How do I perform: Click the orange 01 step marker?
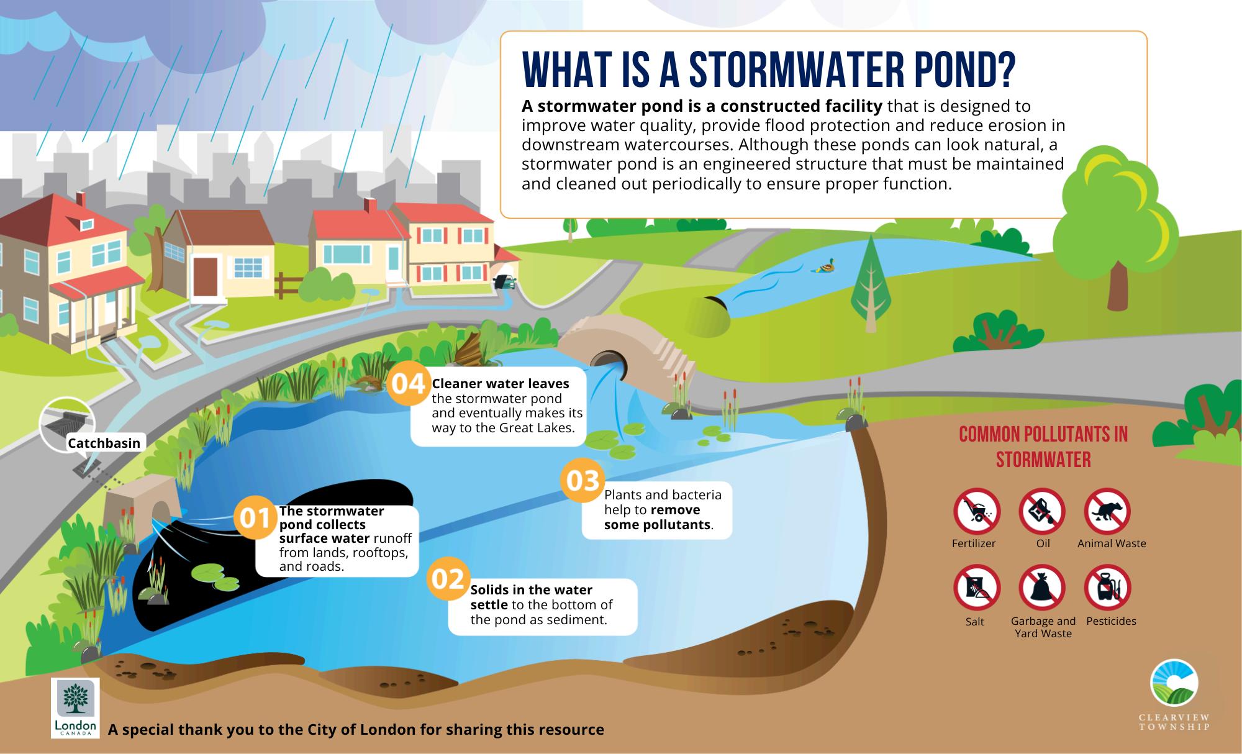[255, 518]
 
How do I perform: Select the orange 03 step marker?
[582, 480]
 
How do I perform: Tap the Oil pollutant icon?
[1042, 512]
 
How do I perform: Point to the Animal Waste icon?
[1107, 512]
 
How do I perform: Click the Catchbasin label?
[104, 443]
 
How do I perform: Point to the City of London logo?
[75, 707]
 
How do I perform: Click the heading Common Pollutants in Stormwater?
[1043, 447]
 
